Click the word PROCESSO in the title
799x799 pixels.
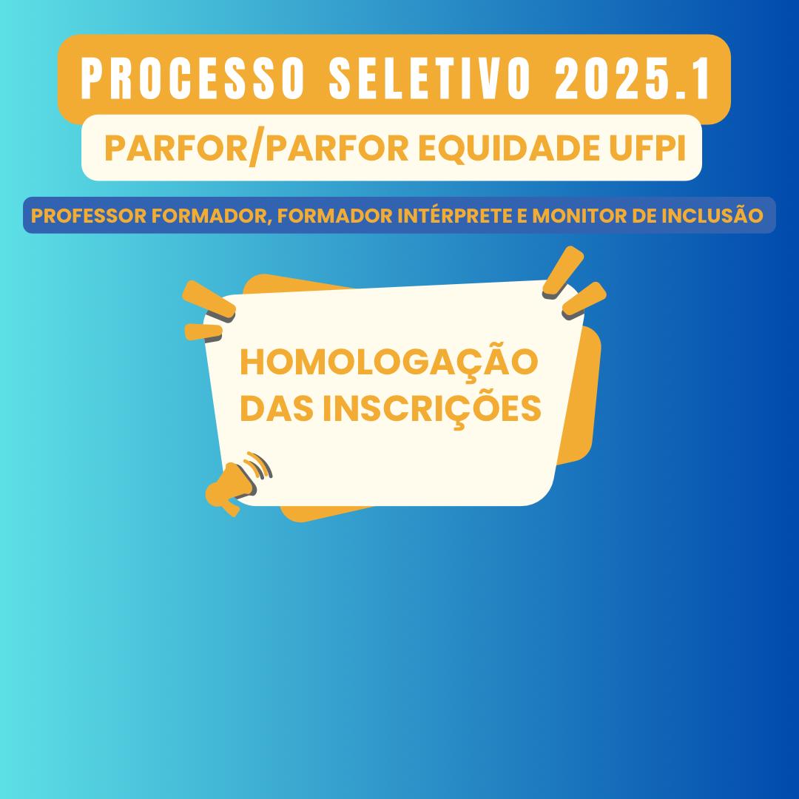(193, 79)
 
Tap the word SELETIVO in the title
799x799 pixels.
(430, 79)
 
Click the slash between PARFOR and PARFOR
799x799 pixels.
(256, 149)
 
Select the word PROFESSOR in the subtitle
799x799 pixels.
(89, 215)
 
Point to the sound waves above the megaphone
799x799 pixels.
(259, 465)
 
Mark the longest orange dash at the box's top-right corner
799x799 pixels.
(563, 272)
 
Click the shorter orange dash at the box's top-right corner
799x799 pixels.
(584, 300)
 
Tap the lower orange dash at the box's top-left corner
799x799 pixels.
(203, 332)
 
